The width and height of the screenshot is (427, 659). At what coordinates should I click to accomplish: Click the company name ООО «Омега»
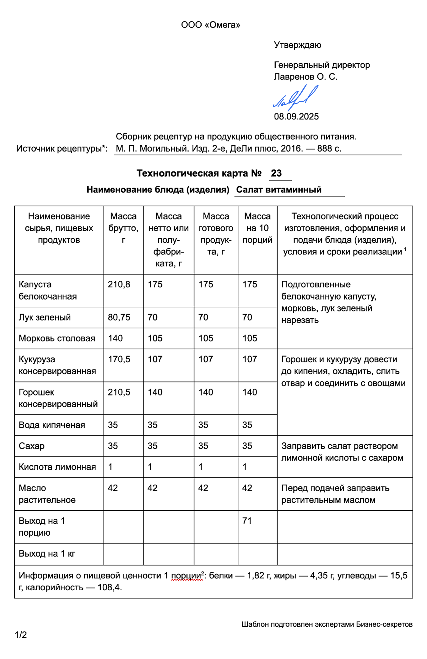click(210, 25)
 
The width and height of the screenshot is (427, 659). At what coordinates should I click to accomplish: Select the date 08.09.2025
click(296, 116)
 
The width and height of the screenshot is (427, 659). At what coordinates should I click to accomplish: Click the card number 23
click(276, 173)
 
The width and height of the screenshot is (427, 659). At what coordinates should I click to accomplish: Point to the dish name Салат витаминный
click(279, 189)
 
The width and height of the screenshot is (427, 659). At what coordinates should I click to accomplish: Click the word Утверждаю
click(297, 45)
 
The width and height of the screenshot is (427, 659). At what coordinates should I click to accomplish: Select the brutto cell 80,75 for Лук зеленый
click(119, 317)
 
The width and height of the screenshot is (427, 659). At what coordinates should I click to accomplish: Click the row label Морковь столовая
click(57, 338)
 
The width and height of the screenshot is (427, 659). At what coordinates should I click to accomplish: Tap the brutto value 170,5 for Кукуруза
click(119, 359)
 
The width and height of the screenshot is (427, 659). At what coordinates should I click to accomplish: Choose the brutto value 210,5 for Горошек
click(119, 392)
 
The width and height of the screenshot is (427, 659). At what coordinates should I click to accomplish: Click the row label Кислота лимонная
click(57, 467)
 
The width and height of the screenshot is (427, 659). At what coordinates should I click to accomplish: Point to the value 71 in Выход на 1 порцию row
click(247, 521)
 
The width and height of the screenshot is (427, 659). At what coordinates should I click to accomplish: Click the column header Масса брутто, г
click(123, 228)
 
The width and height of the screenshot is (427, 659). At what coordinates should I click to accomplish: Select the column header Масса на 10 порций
click(257, 228)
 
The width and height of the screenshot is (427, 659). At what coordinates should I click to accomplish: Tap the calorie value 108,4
click(109, 587)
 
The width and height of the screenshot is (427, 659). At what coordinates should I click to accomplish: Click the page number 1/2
click(21, 635)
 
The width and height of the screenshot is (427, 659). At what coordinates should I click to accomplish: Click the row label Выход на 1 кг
click(47, 554)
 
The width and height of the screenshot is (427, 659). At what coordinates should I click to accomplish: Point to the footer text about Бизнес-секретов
click(327, 624)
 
